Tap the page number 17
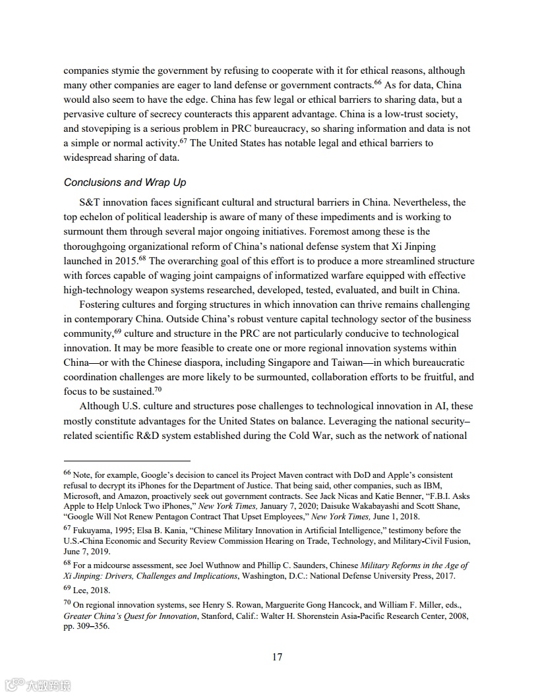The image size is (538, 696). click(x=277, y=656)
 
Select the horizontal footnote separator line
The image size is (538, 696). click(x=127, y=461)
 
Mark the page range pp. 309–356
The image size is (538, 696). click(x=86, y=627)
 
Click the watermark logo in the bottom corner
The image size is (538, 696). click(x=38, y=684)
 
